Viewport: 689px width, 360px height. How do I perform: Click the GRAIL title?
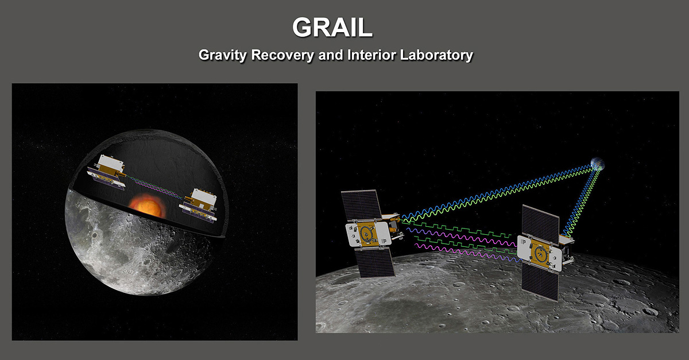point(332,27)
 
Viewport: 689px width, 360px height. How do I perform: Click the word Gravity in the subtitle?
point(222,55)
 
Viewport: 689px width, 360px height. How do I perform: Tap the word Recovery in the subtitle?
point(282,55)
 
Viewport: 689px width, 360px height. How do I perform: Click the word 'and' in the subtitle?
point(331,55)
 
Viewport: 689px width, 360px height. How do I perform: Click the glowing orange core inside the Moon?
point(145,206)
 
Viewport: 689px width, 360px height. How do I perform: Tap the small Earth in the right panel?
point(597,164)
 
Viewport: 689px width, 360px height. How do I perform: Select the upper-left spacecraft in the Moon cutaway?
point(106,172)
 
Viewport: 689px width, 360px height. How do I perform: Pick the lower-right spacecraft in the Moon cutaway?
point(199,206)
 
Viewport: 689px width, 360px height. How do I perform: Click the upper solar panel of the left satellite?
point(361,205)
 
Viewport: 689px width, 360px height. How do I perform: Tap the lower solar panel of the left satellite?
point(374,262)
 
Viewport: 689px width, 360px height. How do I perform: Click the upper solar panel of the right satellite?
point(541,224)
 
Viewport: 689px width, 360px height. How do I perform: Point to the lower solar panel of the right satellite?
point(540,281)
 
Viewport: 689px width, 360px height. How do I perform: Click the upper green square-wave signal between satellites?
point(457,229)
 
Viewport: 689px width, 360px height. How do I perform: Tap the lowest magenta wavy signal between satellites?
point(468,253)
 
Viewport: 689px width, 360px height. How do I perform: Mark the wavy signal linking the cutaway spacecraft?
point(154,187)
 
